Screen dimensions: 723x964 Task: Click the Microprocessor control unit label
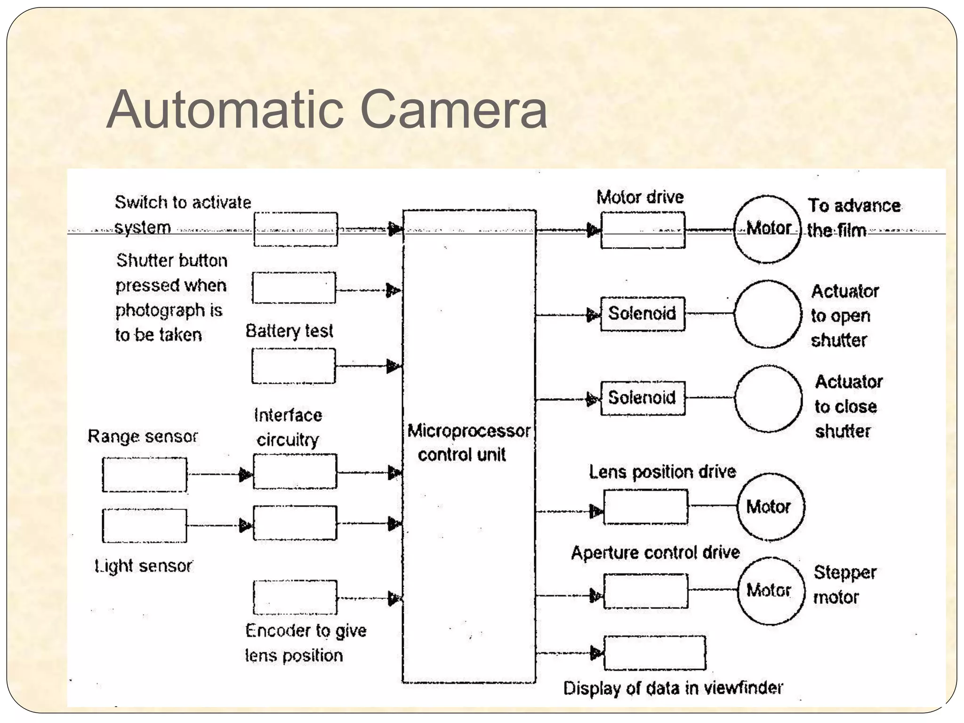[468, 442]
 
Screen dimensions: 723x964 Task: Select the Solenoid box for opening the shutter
[643, 313]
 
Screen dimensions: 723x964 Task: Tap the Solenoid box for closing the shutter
[643, 398]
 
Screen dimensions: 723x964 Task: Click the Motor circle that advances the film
[767, 229]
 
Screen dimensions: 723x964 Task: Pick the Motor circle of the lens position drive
[771, 506]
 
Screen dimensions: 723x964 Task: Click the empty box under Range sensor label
[145, 474]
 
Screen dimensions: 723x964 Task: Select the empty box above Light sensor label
[145, 525]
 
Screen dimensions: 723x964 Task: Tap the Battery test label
[289, 331]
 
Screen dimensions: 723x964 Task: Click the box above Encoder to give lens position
[295, 597]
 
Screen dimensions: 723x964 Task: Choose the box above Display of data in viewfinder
[654, 653]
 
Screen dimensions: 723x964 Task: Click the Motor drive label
[640, 197]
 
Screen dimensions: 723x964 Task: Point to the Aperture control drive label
[655, 553]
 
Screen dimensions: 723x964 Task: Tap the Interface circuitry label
[288, 427]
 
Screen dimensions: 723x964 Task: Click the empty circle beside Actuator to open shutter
[767, 314]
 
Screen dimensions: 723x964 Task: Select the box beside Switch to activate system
[296, 229]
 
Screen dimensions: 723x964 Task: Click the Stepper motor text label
[844, 585]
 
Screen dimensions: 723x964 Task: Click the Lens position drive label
[662, 472]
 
